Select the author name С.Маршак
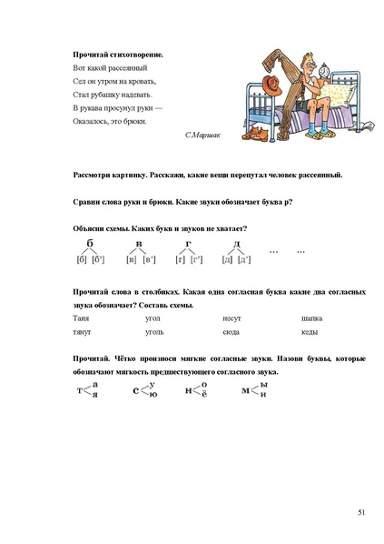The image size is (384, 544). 200,134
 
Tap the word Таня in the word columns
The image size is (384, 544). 79,319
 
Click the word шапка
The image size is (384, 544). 312,319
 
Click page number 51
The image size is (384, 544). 360,513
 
